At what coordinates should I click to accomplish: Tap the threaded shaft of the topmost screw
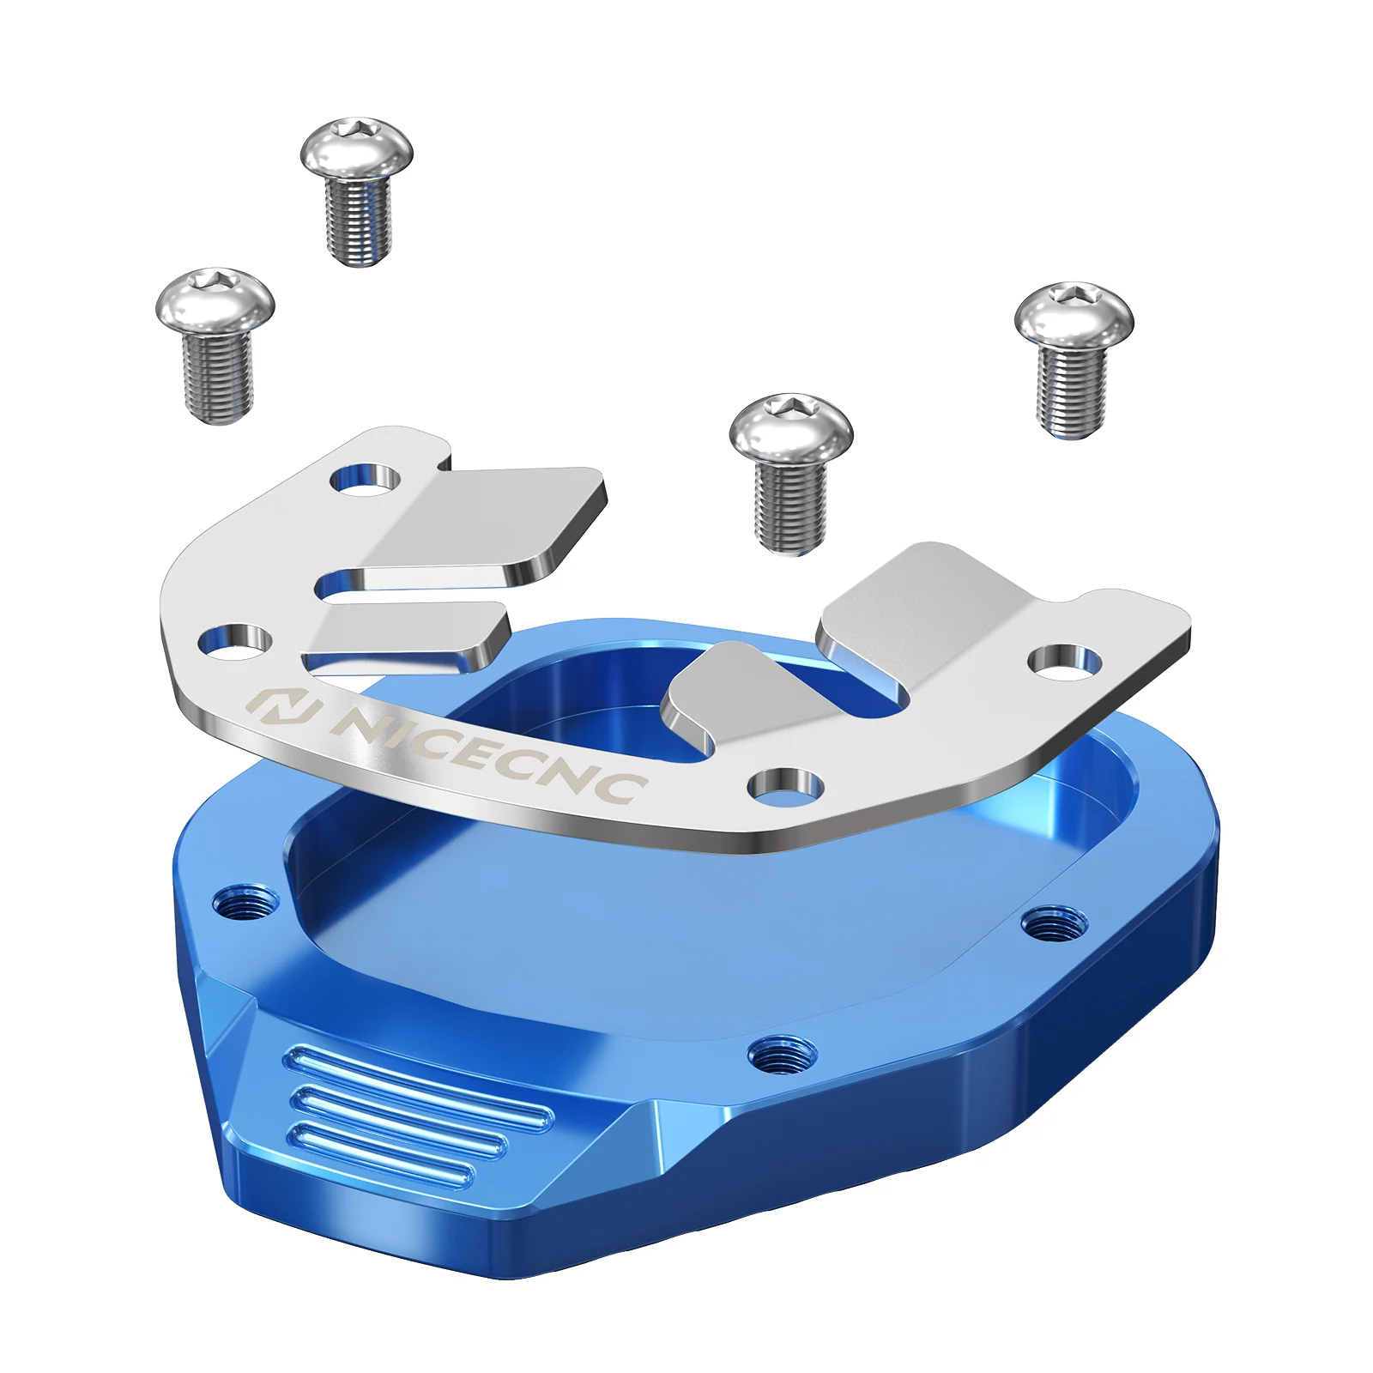click(359, 221)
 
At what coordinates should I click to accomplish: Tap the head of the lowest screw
click(791, 427)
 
